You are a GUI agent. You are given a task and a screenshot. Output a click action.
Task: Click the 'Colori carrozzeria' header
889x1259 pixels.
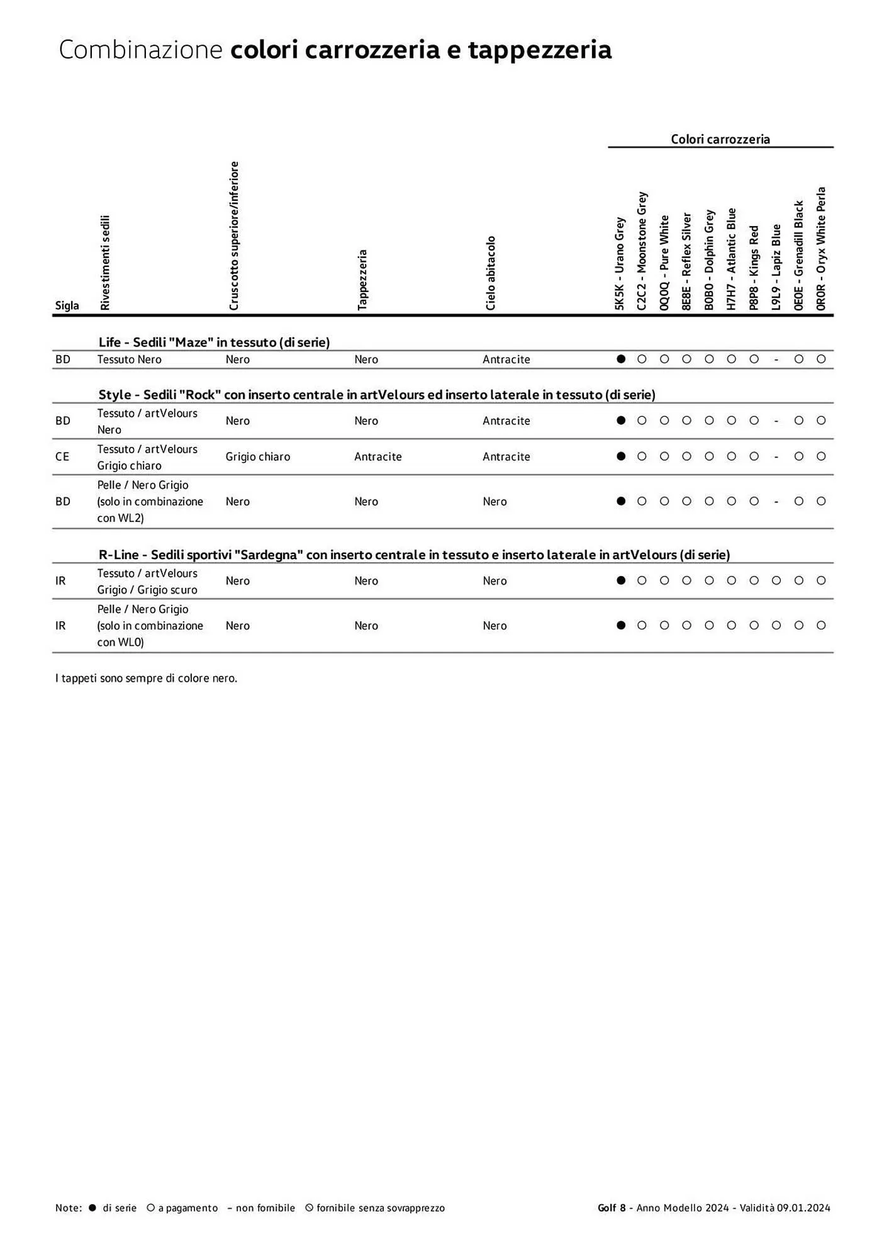pos(720,139)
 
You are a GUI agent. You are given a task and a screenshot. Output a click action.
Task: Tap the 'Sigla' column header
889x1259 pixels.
pos(67,305)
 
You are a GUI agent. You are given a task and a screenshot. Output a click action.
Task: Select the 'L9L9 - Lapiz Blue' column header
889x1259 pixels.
pos(776,267)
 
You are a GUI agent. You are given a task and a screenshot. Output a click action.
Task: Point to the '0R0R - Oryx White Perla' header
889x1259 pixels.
pos(821,248)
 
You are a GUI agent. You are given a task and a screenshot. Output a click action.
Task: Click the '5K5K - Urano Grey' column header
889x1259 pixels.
pos(620,263)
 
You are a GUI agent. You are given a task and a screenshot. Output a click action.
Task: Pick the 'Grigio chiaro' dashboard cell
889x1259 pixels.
pos(258,456)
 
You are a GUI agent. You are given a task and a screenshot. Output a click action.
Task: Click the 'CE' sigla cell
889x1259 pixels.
pos(62,456)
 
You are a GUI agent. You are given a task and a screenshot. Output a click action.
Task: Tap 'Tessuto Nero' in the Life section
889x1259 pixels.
pos(129,359)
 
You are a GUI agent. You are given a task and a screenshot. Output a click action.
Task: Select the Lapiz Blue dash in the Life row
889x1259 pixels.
pos(776,359)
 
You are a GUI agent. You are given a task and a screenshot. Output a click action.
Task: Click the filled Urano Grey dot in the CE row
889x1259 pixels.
pos(621,456)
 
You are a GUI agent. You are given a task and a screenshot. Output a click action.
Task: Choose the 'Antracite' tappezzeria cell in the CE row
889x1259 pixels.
pos(377,456)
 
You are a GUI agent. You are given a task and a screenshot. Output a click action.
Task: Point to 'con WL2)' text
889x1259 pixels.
pos(120,518)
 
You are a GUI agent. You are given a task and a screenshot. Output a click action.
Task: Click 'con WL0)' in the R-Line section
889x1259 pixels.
pos(120,642)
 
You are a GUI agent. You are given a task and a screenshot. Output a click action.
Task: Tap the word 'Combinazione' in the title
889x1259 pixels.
pos(140,50)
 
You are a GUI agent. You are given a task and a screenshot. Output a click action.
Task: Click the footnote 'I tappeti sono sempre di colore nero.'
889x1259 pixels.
pos(146,678)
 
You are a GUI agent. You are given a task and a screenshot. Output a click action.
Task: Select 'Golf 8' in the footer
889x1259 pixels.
pos(612,1207)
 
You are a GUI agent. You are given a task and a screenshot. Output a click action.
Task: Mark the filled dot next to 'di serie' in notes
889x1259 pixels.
pos(92,1207)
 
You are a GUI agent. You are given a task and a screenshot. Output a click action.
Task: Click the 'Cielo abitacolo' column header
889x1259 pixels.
pos(491,273)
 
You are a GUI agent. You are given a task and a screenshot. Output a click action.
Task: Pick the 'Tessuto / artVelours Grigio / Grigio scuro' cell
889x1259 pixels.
pos(147,581)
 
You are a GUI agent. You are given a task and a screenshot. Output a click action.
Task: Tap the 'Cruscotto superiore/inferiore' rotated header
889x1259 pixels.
pos(234,235)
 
